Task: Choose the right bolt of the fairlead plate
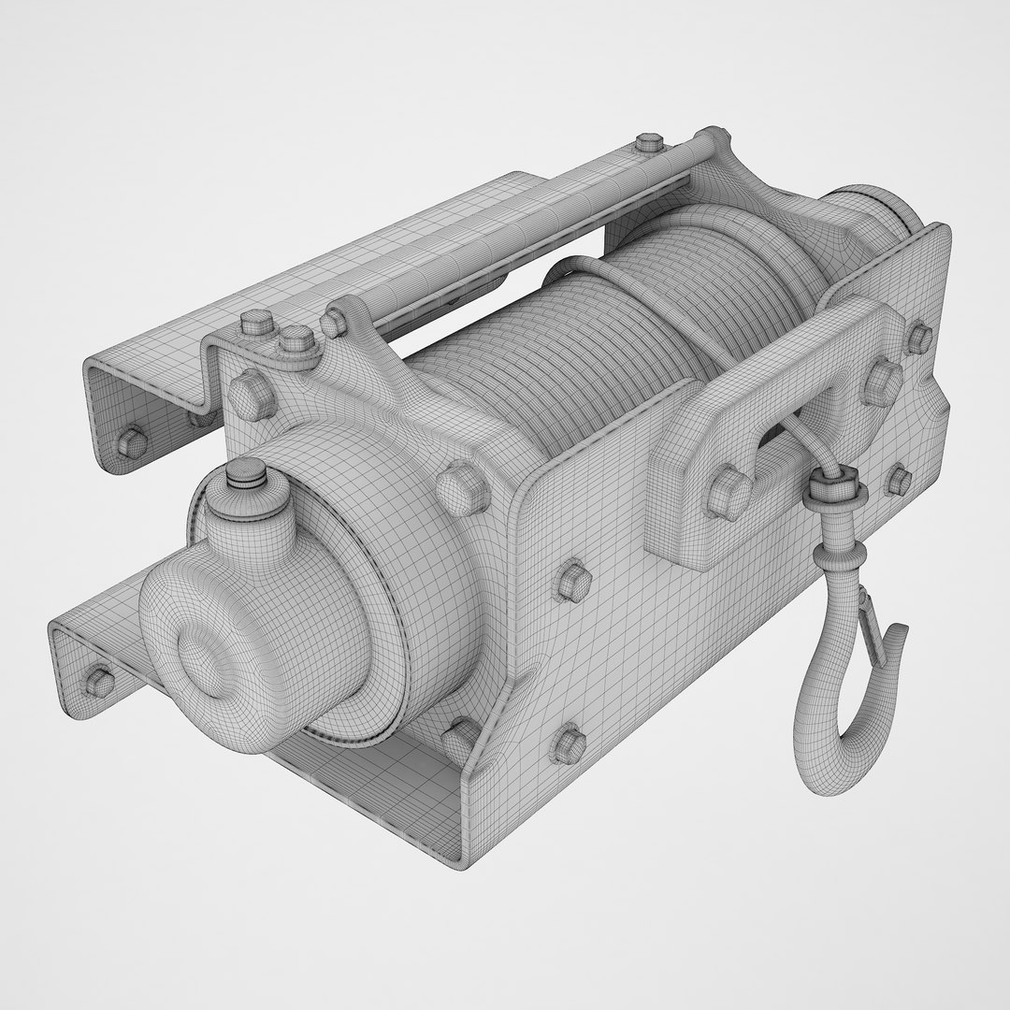click(880, 381)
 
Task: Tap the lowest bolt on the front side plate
click(568, 743)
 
